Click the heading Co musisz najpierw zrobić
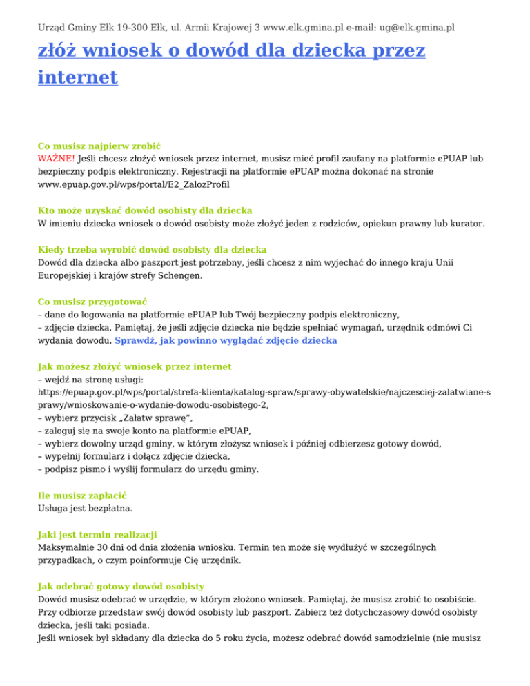coord(99,146)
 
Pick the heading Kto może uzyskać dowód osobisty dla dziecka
coord(145,210)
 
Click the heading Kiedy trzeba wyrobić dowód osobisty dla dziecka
coord(152,248)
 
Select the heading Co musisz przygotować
coord(92,302)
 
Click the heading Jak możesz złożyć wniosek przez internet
coord(135,366)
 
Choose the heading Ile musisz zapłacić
coord(82,496)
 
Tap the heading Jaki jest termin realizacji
coord(97,534)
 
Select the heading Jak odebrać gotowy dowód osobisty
coord(119,587)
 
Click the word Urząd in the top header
coord(53,28)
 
